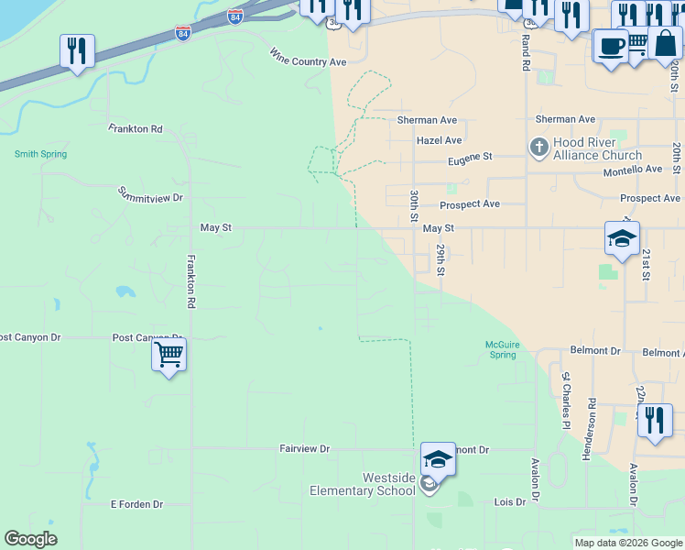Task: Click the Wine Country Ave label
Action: pos(309,58)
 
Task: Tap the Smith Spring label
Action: pos(40,154)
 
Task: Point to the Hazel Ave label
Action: pos(439,140)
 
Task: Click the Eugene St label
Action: pos(470,159)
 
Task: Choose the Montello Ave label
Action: pos(632,170)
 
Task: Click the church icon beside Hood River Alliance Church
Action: pos(538,147)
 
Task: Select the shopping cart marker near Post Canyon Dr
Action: pos(169,354)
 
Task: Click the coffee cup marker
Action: pos(611,46)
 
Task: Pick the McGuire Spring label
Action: pos(502,349)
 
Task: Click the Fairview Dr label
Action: pos(304,448)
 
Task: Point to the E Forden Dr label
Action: pos(136,504)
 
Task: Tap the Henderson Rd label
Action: pos(593,429)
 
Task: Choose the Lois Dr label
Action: pos(509,501)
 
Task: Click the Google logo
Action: pos(31,539)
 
